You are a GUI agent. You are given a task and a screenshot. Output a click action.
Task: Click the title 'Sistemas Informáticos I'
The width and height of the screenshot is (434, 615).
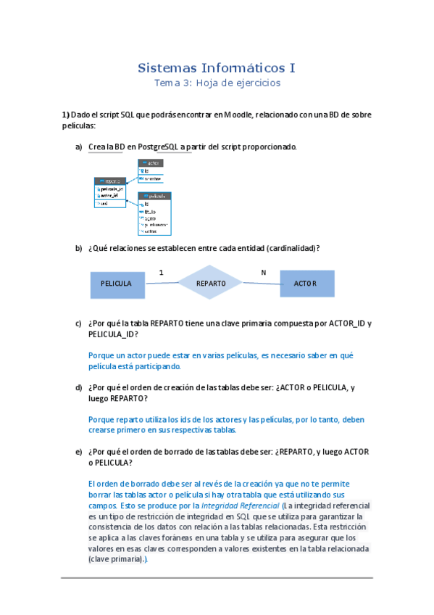coord(217,69)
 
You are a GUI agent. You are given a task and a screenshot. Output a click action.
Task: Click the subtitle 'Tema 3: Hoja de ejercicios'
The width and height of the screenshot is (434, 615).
coord(217,83)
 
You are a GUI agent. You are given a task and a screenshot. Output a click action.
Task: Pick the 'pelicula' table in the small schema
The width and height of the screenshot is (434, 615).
coord(154,213)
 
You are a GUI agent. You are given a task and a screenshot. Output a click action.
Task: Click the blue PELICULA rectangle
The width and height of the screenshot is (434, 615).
coord(116,284)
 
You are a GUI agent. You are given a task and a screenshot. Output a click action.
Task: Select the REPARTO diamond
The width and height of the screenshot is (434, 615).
coord(211,283)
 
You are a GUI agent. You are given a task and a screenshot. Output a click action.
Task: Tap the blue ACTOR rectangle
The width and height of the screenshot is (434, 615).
coord(307,283)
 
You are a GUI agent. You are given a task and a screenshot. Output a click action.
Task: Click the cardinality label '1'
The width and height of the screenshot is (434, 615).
coord(161,273)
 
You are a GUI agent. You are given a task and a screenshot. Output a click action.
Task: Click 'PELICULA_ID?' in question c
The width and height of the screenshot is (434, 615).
coord(114,334)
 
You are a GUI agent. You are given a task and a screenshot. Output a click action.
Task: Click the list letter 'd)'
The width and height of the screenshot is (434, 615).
coord(78,388)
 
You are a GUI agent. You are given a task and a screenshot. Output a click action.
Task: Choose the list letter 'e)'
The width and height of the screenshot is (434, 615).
coord(78,452)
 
